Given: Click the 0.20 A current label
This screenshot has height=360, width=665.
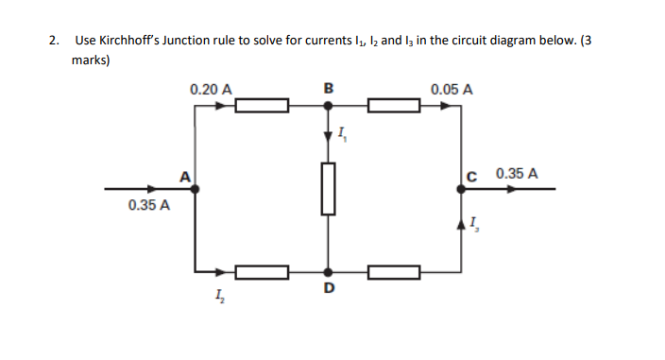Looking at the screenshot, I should pyautogui.click(x=211, y=90).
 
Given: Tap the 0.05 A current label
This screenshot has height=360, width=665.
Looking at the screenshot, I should pyautogui.click(x=451, y=90).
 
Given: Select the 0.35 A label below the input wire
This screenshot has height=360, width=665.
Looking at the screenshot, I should pyautogui.click(x=149, y=205).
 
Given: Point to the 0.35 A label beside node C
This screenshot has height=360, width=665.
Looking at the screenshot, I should pyautogui.click(x=517, y=174).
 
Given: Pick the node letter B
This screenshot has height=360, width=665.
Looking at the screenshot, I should pyautogui.click(x=328, y=89).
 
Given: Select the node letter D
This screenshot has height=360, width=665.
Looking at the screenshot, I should pyautogui.click(x=328, y=289).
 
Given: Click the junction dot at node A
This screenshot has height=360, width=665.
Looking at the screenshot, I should pyautogui.click(x=196, y=189).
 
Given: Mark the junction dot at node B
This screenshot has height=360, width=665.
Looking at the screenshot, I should pyautogui.click(x=328, y=106).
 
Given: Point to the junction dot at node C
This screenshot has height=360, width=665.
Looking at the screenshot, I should pyautogui.click(x=462, y=189).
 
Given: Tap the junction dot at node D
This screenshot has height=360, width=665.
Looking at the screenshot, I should pyautogui.click(x=328, y=273).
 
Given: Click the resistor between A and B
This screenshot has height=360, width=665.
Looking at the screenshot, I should pyautogui.click(x=262, y=106).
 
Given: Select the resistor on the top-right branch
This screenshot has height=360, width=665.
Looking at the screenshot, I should pyautogui.click(x=394, y=106).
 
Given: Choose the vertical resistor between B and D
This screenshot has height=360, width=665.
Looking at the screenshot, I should pyautogui.click(x=328, y=188).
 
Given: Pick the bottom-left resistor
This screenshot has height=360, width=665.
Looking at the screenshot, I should pyautogui.click(x=262, y=273).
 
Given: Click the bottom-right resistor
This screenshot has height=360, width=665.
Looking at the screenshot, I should pyautogui.click(x=394, y=273).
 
